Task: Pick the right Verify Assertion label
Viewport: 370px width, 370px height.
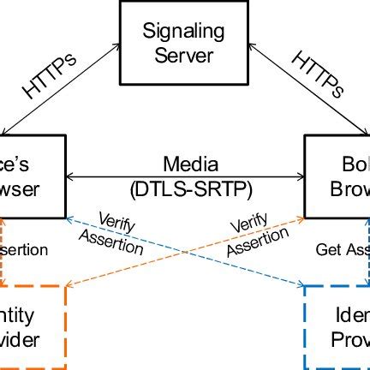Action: pos(254,231)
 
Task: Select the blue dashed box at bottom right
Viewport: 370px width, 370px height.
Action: pos(338,325)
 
